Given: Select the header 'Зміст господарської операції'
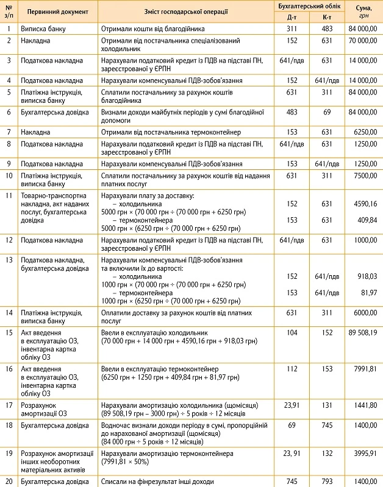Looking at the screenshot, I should coord(186,12).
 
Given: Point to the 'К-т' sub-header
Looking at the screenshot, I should coord(326,17).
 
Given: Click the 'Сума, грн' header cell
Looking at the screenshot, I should coord(364,12).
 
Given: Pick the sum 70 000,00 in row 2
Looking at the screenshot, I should coord(364,40).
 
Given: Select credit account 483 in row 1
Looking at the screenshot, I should coord(326,29).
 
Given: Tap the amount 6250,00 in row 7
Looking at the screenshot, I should coord(366,132).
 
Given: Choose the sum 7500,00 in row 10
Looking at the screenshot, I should coord(366,175).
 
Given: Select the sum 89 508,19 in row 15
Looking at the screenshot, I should coord(364,333).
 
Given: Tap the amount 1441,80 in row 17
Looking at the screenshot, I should coord(366,405).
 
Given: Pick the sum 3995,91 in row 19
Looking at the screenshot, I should coord(366,452).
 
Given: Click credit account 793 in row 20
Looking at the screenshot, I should coord(326,482).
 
